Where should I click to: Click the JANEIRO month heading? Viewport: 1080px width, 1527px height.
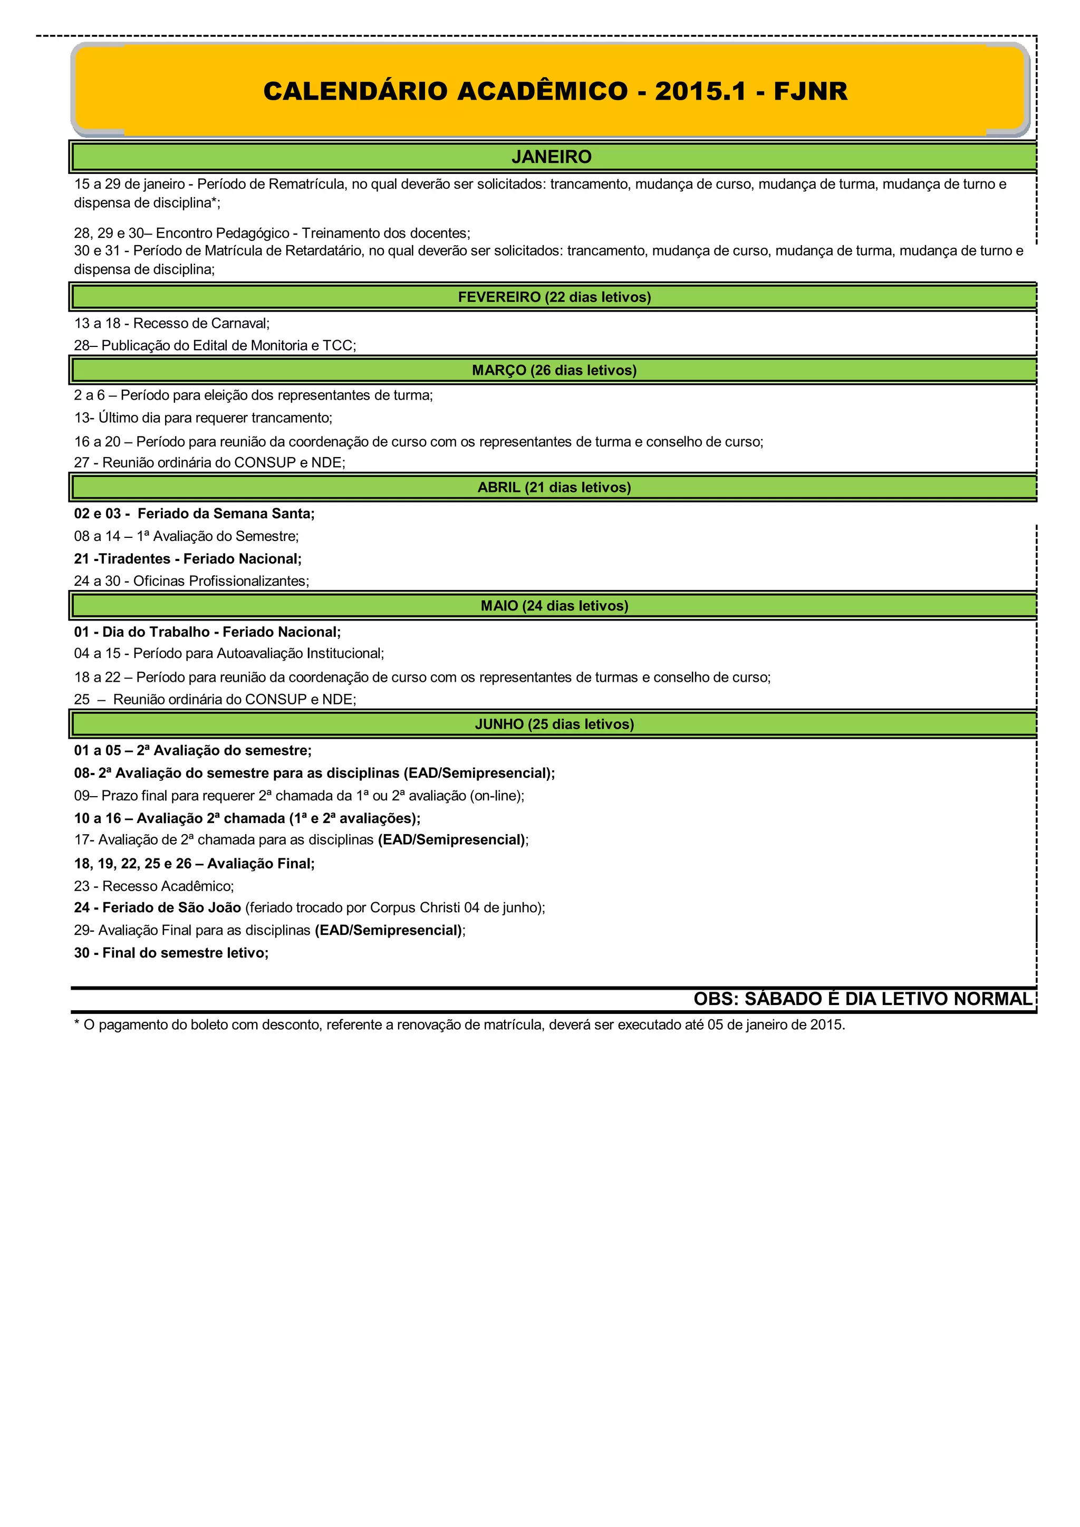coord(551,157)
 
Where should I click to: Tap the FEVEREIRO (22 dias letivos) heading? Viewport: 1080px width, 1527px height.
coord(554,297)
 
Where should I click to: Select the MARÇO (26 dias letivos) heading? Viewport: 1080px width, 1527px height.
coord(554,371)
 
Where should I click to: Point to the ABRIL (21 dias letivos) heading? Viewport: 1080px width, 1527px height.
coord(554,488)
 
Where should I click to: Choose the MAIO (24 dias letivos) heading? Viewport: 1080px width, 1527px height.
coord(554,606)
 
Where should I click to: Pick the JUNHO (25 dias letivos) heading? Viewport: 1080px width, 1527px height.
coord(554,724)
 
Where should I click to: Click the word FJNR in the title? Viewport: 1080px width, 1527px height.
coord(810,92)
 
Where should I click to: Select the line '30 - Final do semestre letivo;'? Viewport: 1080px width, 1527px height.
coord(171,953)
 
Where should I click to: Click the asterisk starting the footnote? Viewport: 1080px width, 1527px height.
coord(77,1024)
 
